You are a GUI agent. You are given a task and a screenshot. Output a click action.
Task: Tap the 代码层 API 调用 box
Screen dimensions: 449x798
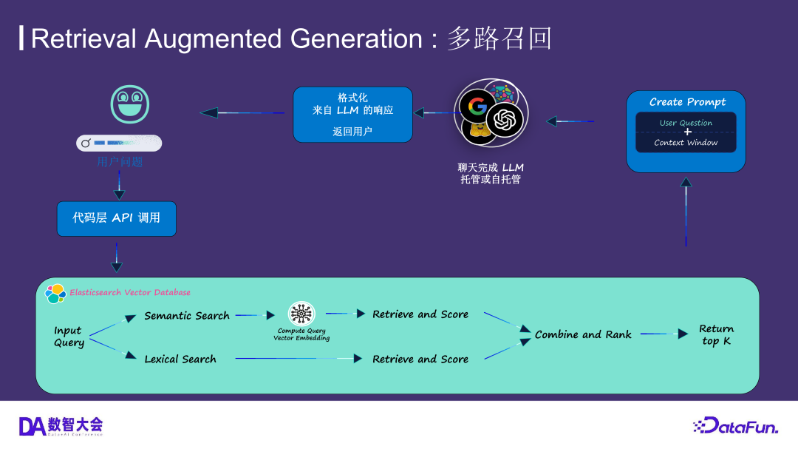tap(117, 218)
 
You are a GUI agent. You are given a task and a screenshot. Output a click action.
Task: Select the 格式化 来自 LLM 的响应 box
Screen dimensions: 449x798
tap(352, 115)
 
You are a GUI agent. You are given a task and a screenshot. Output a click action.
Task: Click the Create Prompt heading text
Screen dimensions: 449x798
tap(687, 102)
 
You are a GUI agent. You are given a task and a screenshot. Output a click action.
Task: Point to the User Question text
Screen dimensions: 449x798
tap(686, 123)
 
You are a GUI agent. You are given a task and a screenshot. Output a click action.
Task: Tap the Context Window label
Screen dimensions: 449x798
tap(686, 143)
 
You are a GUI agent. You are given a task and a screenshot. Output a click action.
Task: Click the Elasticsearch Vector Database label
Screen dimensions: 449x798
tap(130, 293)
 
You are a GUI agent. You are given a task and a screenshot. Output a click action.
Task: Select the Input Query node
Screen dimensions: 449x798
tap(69, 337)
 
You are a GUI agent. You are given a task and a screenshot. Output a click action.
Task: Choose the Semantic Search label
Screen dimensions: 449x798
tap(187, 316)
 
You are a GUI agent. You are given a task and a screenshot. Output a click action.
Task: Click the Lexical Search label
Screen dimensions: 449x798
tap(180, 359)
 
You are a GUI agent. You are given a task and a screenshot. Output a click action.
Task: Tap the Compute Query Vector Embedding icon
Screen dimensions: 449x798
tap(301, 314)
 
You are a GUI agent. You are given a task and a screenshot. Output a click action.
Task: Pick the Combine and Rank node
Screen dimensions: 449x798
tap(583, 335)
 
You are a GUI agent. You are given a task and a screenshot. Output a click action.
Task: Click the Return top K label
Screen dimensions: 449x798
tap(716, 335)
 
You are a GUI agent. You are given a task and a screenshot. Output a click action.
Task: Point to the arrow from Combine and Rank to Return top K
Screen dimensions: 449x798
tap(664, 334)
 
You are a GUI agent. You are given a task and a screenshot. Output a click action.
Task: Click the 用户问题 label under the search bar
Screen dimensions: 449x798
tap(118, 161)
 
